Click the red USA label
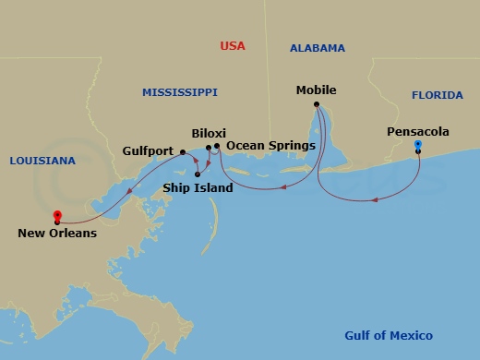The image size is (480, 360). click(233, 46)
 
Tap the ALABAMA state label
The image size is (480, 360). click(317, 48)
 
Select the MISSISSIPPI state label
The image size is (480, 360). click(179, 92)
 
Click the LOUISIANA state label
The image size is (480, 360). click(42, 161)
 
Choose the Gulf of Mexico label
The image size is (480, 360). click(388, 336)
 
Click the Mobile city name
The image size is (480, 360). click(316, 90)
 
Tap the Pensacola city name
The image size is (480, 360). click(418, 132)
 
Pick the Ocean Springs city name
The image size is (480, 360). click(270, 146)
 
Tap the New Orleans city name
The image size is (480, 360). click(57, 234)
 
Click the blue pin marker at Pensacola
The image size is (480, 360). click(418, 145)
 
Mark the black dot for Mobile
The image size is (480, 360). click(317, 104)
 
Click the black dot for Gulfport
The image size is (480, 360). click(183, 151)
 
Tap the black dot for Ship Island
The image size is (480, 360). click(198, 174)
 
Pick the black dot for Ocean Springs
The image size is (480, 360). click(217, 146)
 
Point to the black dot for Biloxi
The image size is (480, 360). click(209, 146)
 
